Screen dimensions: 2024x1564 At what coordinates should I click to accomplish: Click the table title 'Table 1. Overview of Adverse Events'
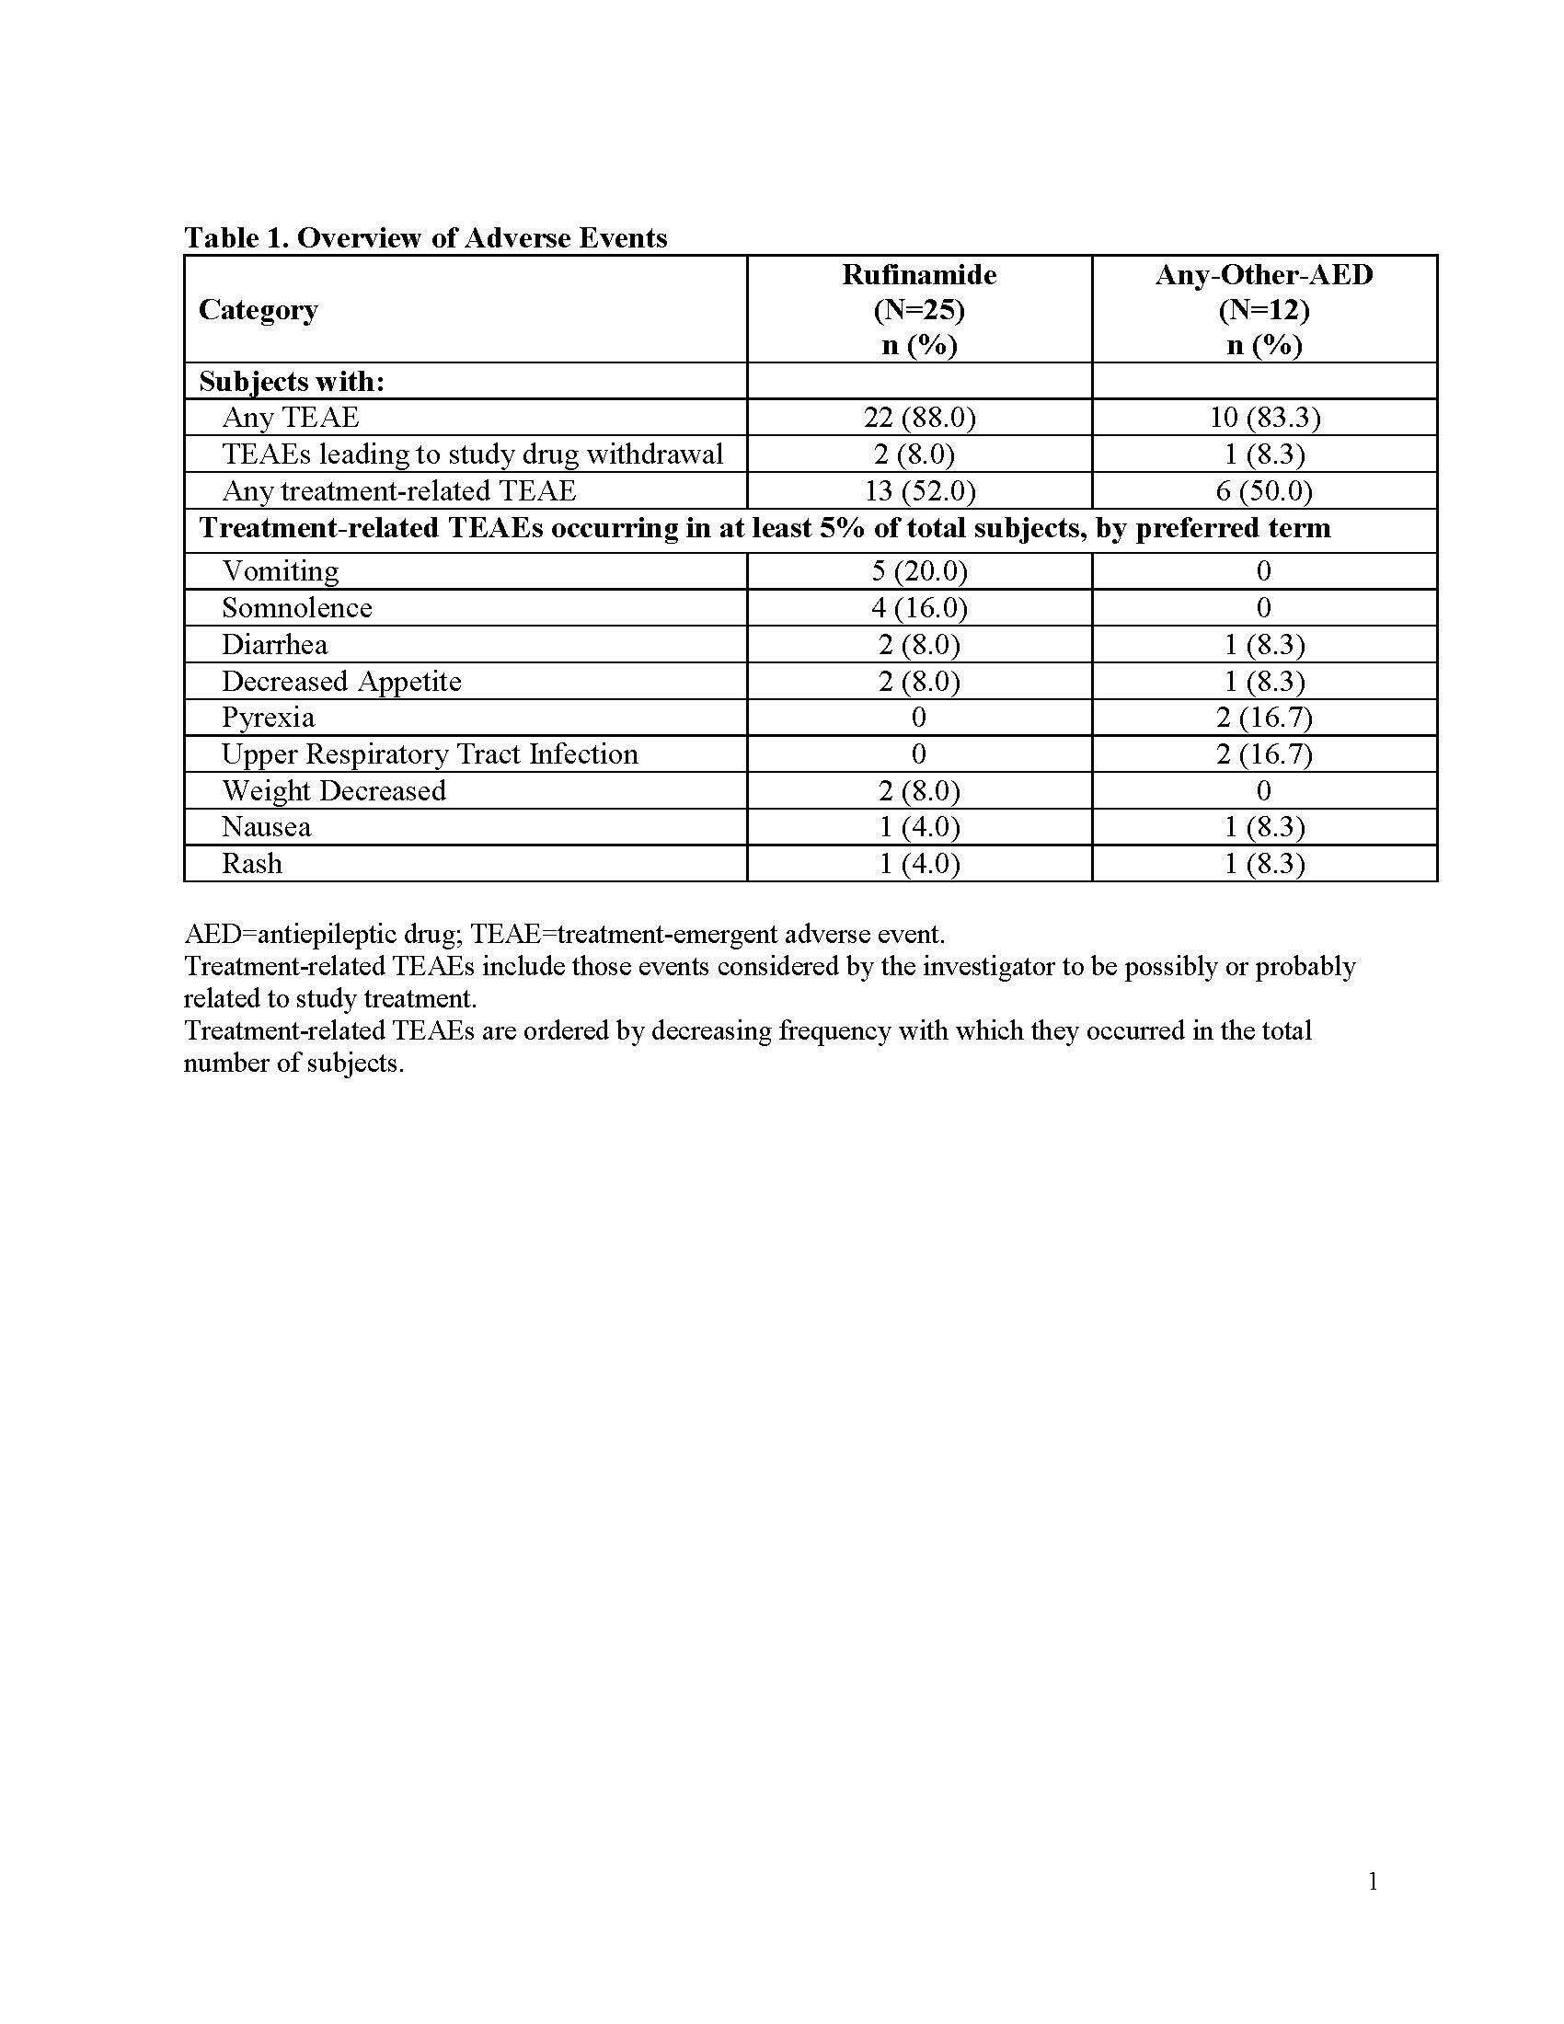click(425, 238)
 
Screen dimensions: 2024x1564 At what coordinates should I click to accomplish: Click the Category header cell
click(259, 309)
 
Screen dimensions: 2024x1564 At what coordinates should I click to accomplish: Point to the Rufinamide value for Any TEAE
click(919, 418)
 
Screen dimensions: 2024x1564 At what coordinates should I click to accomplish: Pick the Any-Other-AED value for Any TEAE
click(1264, 418)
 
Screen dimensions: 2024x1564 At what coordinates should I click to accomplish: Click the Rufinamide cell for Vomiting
click(919, 571)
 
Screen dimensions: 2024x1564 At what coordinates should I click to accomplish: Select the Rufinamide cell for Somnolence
click(919, 608)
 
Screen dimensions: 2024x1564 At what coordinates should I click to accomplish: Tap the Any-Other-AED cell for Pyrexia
click(1264, 718)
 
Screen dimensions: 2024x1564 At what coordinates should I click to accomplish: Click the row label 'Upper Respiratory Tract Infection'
click(430, 754)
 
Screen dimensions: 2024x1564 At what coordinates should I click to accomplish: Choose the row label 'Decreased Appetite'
click(341, 681)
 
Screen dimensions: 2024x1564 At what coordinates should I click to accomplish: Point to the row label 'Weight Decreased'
click(334, 790)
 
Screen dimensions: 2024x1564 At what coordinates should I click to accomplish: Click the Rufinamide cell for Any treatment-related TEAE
click(919, 491)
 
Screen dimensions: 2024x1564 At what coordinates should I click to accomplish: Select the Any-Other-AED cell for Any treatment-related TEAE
click(1264, 491)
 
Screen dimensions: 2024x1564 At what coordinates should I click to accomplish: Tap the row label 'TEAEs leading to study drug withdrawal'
click(473, 454)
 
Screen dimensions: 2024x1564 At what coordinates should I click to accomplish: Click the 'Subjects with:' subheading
click(291, 382)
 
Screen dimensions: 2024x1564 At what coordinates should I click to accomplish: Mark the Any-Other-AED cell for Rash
click(1264, 864)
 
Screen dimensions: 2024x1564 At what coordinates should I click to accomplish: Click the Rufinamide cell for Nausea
click(919, 827)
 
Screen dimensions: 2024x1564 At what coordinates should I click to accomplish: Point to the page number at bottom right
click(1373, 1881)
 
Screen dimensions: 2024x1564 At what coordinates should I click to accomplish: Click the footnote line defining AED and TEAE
click(564, 933)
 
